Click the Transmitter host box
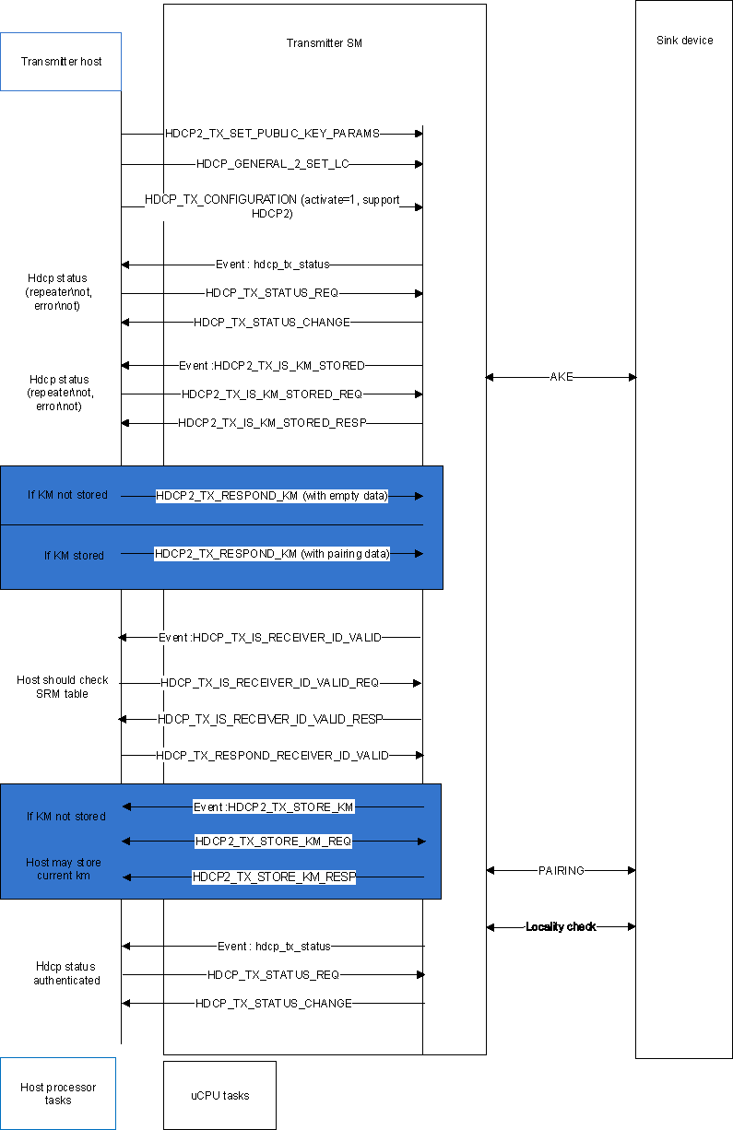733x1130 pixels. pyautogui.click(x=61, y=62)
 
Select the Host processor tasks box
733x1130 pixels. pyautogui.click(x=58, y=1093)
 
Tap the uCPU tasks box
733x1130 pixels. pyautogui.click(x=219, y=1095)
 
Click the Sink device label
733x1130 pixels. pyautogui.click(x=684, y=41)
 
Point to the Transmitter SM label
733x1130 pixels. pyautogui.click(x=325, y=43)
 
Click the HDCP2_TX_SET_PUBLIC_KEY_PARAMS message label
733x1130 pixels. pyautogui.click(x=272, y=134)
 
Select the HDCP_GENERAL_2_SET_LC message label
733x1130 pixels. pyautogui.click(x=272, y=164)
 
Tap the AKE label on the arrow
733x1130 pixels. pyautogui.click(x=562, y=377)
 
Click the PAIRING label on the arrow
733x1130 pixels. pyautogui.click(x=562, y=870)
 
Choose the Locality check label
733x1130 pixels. pyautogui.click(x=561, y=926)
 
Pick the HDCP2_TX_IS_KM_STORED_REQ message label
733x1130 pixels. pyautogui.click(x=272, y=394)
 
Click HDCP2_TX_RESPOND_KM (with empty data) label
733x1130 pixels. pyautogui.click(x=272, y=496)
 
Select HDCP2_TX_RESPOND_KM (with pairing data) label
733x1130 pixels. pyautogui.click(x=272, y=554)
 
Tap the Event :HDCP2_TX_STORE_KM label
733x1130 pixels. pyautogui.click(x=274, y=807)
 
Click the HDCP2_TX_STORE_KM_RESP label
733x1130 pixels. pyautogui.click(x=274, y=877)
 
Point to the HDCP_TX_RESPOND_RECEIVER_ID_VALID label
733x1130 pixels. pyautogui.click(x=272, y=755)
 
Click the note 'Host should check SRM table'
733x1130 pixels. pyautogui.click(x=63, y=687)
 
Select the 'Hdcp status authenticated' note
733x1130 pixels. pyautogui.click(x=66, y=973)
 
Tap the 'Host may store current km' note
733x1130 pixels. pyautogui.click(x=64, y=868)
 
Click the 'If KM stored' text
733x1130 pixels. pyautogui.click(x=74, y=556)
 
